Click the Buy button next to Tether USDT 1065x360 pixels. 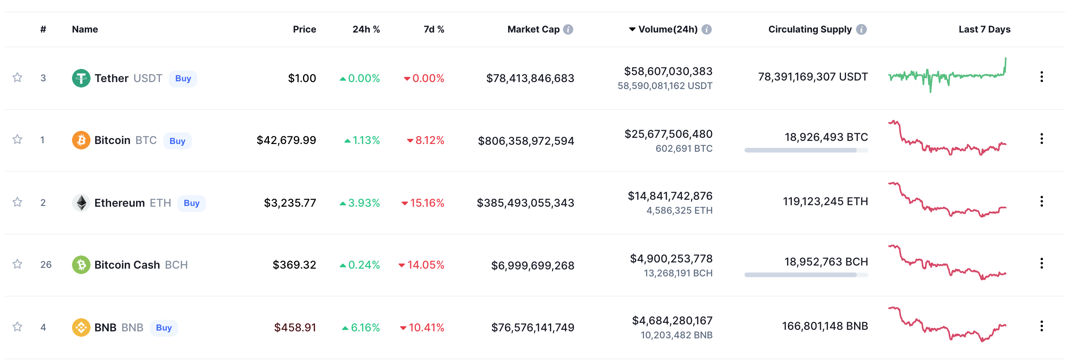pyautogui.click(x=183, y=79)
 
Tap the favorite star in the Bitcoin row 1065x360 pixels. pyautogui.click(x=17, y=139)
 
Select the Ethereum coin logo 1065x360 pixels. pyautogui.click(x=81, y=202)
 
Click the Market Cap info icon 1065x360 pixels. pyautogui.click(x=568, y=29)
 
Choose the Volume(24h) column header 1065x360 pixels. pyautogui.click(x=668, y=29)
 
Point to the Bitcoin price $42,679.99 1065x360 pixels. pyautogui.click(x=286, y=141)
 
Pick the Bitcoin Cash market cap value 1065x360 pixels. pyautogui.click(x=532, y=265)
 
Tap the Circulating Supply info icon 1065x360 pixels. pyautogui.click(x=861, y=29)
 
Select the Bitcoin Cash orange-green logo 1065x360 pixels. pyautogui.click(x=81, y=264)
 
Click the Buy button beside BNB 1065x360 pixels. pyautogui.click(x=164, y=328)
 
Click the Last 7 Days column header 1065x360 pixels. pyautogui.click(x=985, y=29)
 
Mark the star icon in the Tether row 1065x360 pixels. pyautogui.click(x=17, y=77)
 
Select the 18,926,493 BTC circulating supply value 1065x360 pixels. pyautogui.click(x=826, y=137)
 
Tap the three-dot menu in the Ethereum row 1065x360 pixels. pyautogui.click(x=1041, y=201)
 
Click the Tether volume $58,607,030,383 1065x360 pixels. pyautogui.click(x=668, y=72)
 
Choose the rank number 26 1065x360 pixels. pyautogui.click(x=46, y=264)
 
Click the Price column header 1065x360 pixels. pyautogui.click(x=304, y=29)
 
